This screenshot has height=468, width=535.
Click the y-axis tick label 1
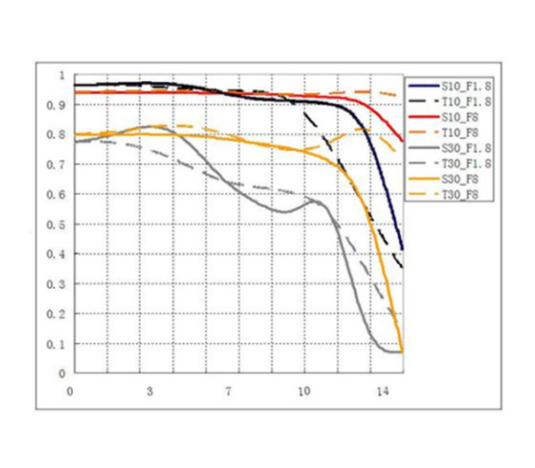point(61,75)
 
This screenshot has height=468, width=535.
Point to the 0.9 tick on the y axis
point(57,105)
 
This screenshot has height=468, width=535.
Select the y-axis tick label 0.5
point(57,225)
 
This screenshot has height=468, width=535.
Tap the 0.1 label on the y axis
point(57,344)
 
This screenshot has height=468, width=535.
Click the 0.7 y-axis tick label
point(57,165)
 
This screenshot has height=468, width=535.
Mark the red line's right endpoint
point(403,142)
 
